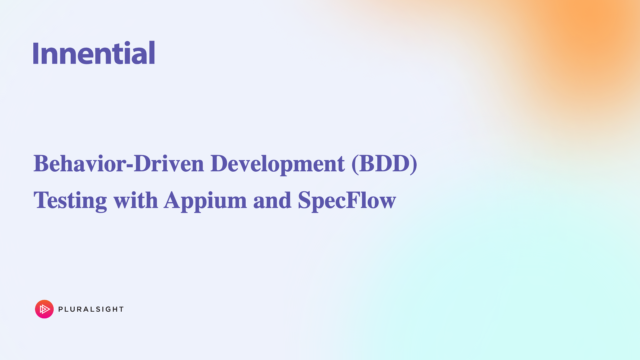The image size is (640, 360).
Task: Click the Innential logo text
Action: [x=94, y=53]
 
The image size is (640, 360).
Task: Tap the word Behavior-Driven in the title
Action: [x=119, y=164]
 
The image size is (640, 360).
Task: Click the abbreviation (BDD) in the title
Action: [x=384, y=164]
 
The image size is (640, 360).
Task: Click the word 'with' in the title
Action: [x=136, y=200]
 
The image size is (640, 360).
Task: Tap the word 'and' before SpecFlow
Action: [x=272, y=200]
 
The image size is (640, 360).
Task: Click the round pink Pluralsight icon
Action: [x=44, y=309]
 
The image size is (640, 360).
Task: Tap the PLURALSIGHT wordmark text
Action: [x=91, y=309]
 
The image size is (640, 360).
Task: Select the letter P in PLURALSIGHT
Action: [x=61, y=309]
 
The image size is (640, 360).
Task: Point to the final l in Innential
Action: [x=152, y=52]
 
